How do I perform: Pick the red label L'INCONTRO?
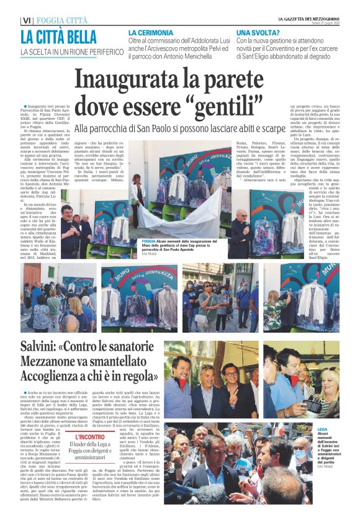91,437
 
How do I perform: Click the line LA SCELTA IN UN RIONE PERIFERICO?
71,52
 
